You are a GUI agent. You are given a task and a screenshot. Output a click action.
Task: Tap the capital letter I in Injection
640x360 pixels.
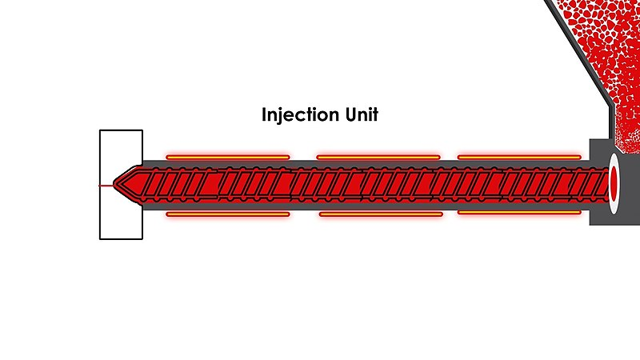(264, 114)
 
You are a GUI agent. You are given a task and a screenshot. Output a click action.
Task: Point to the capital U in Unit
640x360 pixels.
(351, 114)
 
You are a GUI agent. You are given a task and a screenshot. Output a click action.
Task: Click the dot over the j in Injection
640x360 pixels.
(279, 109)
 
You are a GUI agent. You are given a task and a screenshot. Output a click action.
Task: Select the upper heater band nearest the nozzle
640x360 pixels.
(228, 157)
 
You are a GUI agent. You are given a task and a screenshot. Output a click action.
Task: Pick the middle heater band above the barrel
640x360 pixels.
(378, 157)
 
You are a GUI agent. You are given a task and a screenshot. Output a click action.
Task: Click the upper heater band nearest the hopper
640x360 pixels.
(519, 157)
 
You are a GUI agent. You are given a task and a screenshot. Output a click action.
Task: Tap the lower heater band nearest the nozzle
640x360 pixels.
(228, 214)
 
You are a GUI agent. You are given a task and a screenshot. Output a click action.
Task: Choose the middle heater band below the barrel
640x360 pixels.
(381, 214)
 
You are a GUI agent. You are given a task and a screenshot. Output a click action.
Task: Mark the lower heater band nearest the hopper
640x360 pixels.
(519, 213)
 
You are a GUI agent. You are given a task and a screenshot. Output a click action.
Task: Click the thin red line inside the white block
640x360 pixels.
(106, 186)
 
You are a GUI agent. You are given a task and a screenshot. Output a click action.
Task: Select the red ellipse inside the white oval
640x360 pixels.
(614, 184)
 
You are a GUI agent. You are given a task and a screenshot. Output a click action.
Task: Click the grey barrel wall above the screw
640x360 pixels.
(367, 163)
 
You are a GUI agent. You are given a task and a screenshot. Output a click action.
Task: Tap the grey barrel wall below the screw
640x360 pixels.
(367, 206)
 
